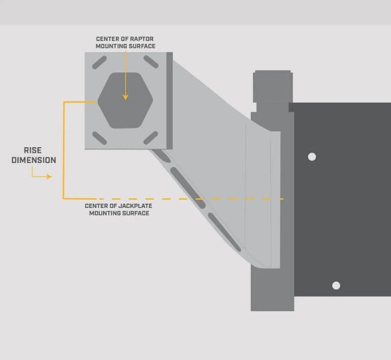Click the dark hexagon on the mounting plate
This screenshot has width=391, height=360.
point(125,101)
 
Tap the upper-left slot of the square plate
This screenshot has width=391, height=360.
point(99,63)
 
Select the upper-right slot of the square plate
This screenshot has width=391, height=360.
point(151,62)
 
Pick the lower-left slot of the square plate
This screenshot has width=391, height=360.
point(99,138)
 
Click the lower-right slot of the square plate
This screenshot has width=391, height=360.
point(151,138)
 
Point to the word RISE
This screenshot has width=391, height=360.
point(33,150)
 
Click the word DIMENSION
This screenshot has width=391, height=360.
point(34,160)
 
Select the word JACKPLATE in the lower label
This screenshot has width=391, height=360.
point(133,206)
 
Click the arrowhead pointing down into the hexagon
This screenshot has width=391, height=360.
point(125,97)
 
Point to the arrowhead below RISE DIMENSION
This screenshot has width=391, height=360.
point(49,176)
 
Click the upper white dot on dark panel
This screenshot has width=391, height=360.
point(312,157)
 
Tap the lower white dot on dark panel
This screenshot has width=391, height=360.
point(336,286)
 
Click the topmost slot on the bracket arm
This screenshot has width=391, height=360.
point(161,156)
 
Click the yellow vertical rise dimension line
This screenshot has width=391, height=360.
point(63,152)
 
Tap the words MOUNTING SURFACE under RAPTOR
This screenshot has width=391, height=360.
point(125,46)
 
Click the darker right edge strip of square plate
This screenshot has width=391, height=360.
point(170,100)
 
